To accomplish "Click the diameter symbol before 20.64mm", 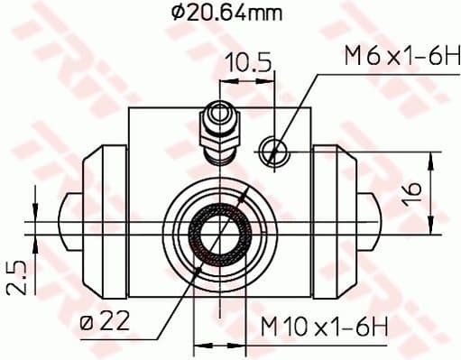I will pyautogui.click(x=176, y=13).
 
